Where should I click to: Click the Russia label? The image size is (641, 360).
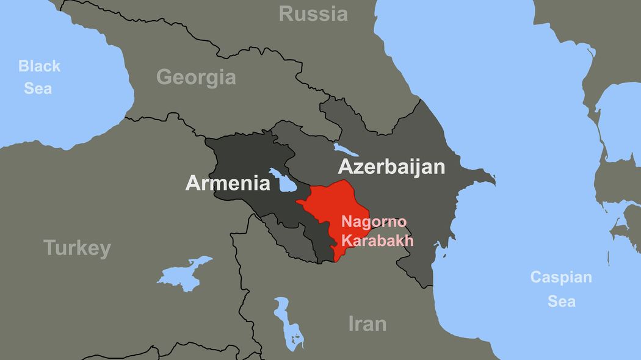tap(313, 14)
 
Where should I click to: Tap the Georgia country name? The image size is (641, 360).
tap(196, 77)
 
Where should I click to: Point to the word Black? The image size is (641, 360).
tap(39, 66)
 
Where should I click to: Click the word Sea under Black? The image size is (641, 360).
tap(38, 88)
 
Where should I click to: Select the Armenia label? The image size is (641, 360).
tap(228, 183)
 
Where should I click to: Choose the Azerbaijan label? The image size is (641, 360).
tap(391, 167)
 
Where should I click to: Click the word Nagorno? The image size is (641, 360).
tap(374, 221)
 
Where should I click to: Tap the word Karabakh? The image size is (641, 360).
tap(377, 240)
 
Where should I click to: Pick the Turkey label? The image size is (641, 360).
tap(77, 248)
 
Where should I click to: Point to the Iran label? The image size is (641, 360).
tap(367, 324)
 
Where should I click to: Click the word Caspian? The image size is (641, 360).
tap(560, 278)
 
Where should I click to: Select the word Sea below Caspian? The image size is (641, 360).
tap(561, 301)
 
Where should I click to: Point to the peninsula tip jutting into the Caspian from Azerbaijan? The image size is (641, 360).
tap(492, 179)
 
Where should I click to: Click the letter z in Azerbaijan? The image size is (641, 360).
tap(358, 167)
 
